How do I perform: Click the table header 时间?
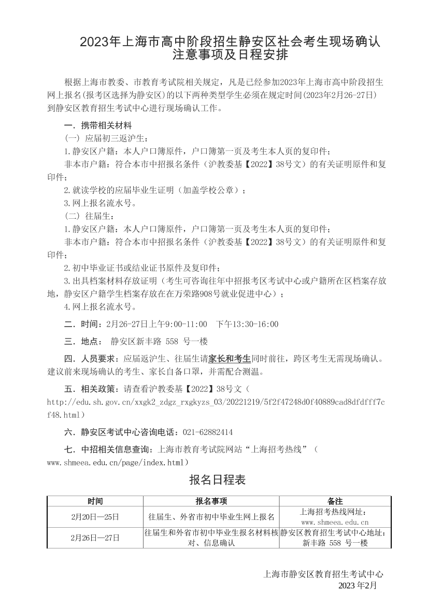[95, 501]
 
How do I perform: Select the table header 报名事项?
[211, 501]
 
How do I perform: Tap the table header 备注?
[335, 501]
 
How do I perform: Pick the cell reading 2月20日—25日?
[95, 517]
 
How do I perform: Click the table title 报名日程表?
[218, 480]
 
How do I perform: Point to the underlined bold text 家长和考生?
[230, 358]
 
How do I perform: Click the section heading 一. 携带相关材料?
[98, 126]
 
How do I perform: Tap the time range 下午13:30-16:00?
[247, 324]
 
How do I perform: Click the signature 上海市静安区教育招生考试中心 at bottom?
[323, 574]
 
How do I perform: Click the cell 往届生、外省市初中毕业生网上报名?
[211, 517]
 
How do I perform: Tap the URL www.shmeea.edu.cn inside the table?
[335, 523]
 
